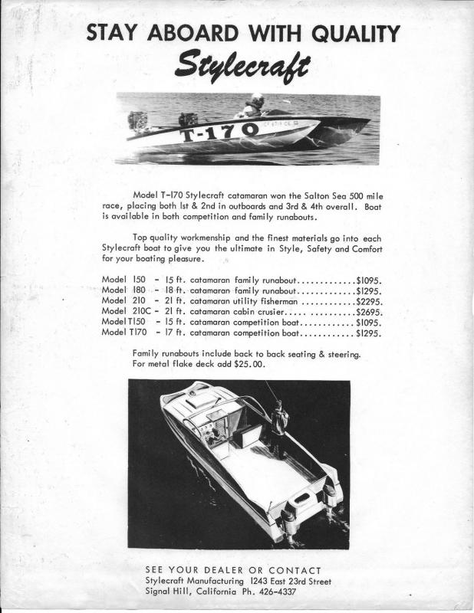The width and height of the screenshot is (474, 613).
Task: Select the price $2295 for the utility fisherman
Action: point(369,302)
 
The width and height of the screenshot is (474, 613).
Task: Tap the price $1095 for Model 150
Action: point(369,280)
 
